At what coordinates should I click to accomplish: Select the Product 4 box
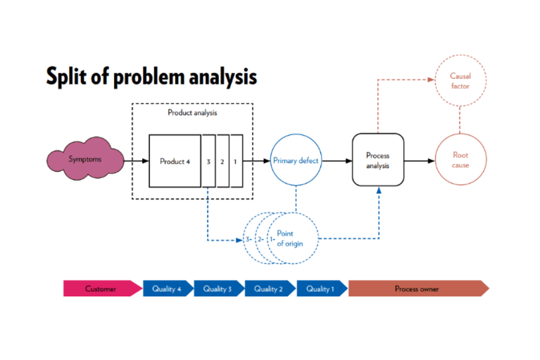(x=175, y=161)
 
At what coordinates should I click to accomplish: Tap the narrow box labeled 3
(x=208, y=161)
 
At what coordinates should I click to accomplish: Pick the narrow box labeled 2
(x=222, y=161)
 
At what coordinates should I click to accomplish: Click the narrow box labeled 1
(x=236, y=161)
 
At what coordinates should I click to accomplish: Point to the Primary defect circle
(x=296, y=161)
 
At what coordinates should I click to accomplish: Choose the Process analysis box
(x=377, y=160)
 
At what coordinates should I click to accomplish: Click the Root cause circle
(x=460, y=160)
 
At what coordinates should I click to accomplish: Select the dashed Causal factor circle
(x=460, y=81)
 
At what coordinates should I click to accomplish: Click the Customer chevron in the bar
(x=100, y=289)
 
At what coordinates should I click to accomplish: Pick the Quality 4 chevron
(x=167, y=289)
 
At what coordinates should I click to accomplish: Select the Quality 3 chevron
(x=218, y=289)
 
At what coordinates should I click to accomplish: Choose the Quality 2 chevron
(x=269, y=289)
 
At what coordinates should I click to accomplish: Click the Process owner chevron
(x=416, y=289)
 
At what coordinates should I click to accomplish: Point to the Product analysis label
(x=192, y=113)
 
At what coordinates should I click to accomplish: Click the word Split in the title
(x=69, y=77)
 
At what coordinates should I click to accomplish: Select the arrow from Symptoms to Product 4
(x=137, y=161)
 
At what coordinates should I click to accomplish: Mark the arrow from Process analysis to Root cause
(x=419, y=161)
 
